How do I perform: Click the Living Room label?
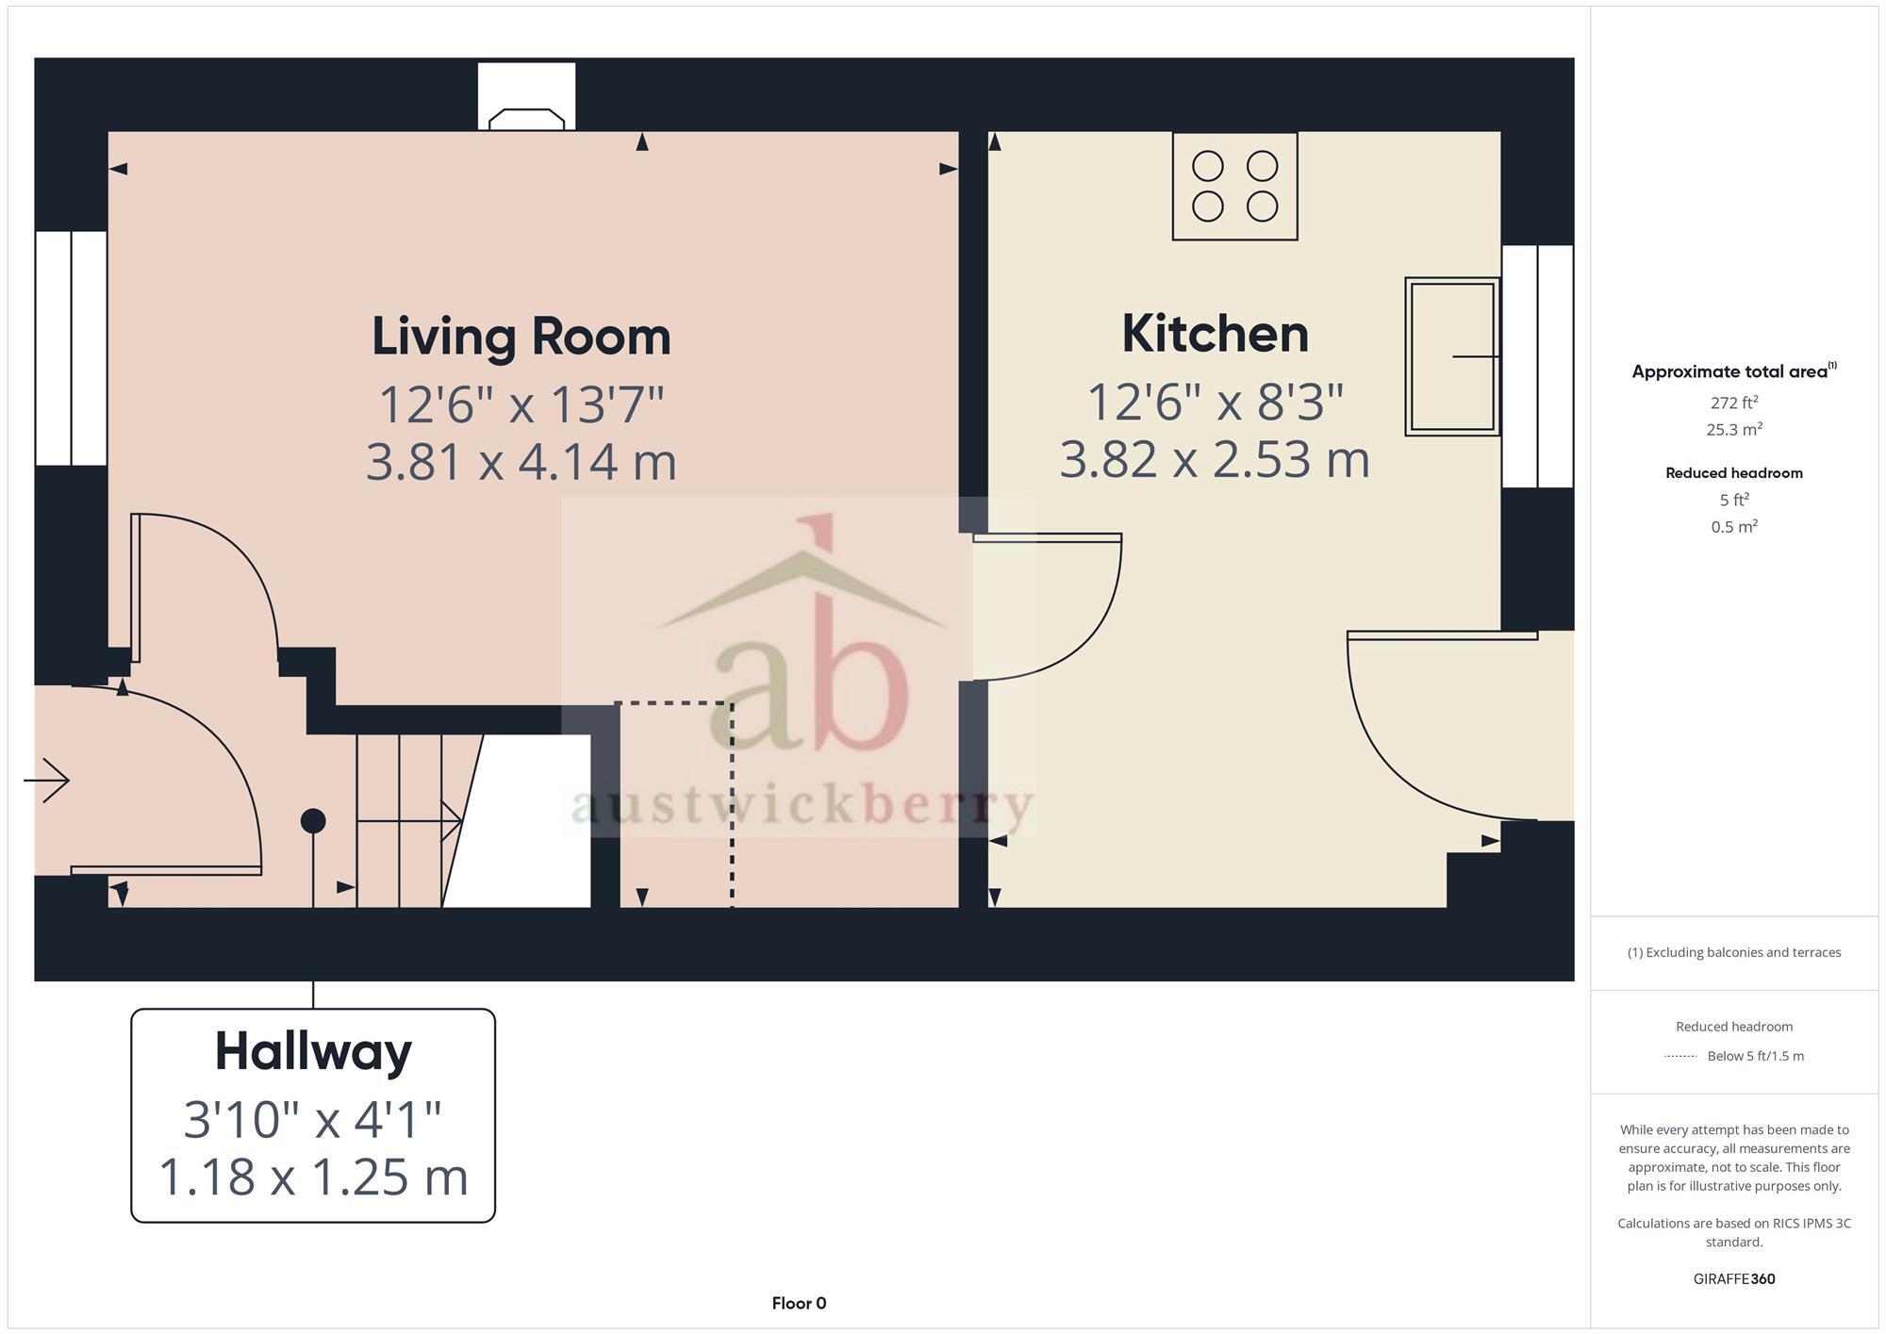(521, 337)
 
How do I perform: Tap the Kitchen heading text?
(1215, 335)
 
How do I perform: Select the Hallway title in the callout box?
(313, 1051)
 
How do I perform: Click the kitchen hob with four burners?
(1234, 187)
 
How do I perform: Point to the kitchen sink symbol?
(1451, 356)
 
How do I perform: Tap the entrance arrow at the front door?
(47, 780)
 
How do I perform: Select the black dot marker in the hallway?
(313, 821)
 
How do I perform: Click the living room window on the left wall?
(71, 348)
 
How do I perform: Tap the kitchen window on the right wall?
(1537, 366)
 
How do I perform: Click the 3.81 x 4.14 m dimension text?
(521, 462)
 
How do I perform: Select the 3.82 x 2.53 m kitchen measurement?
(1215, 460)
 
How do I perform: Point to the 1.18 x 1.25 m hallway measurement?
(313, 1177)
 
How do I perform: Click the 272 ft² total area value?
(1733, 403)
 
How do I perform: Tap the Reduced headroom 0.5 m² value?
(1733, 527)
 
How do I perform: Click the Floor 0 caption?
(799, 1303)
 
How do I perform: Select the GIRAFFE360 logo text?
(1733, 1279)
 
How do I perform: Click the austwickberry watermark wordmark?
(802, 806)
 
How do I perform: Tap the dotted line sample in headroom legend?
(1680, 1056)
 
